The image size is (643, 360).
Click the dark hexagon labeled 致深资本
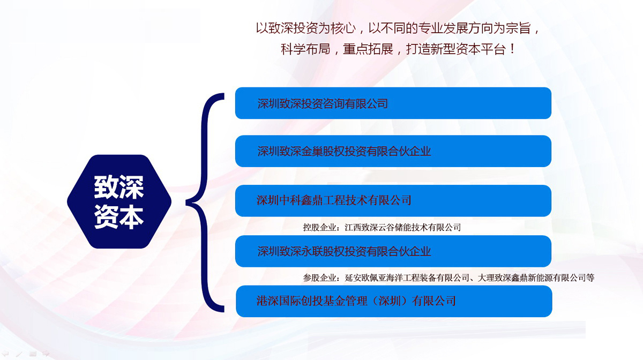[119, 201]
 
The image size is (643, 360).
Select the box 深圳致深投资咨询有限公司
[393, 103]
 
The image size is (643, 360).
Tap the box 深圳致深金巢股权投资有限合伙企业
[393, 151]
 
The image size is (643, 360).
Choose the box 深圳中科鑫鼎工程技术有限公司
[393, 201]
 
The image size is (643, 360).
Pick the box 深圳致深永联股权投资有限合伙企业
[393, 251]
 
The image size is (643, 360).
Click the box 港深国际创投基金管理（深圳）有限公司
[394, 301]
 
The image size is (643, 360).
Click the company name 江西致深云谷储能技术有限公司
[403, 228]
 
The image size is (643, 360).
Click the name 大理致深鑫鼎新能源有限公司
[532, 277]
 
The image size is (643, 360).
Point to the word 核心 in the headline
[343, 28]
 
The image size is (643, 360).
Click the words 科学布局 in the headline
[305, 49]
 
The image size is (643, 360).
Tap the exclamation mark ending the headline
[512, 49]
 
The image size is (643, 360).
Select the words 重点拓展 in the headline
[368, 49]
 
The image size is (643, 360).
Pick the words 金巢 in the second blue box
[312, 151]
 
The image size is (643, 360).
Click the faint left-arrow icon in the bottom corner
[5, 354]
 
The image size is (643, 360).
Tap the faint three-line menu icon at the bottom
[33, 354]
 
